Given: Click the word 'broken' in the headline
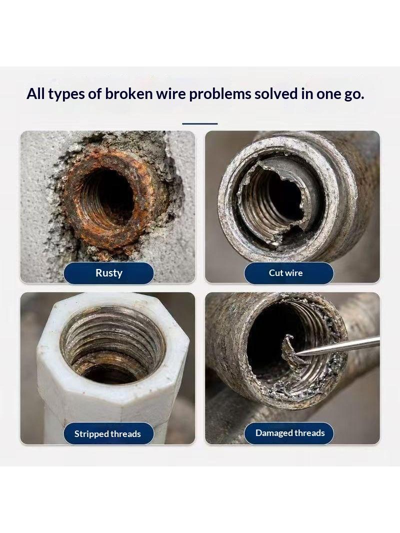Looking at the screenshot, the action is [x=129, y=94].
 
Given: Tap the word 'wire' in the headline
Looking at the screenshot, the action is [x=170, y=94].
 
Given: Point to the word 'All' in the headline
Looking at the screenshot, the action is [x=35, y=94].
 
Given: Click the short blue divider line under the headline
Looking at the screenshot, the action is [x=200, y=123].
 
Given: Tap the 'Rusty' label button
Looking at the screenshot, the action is [x=109, y=273].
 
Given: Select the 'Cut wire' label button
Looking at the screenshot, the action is [x=289, y=273].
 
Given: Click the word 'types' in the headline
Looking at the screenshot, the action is [x=66, y=94].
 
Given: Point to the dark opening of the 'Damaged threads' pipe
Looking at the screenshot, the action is [x=272, y=336].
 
